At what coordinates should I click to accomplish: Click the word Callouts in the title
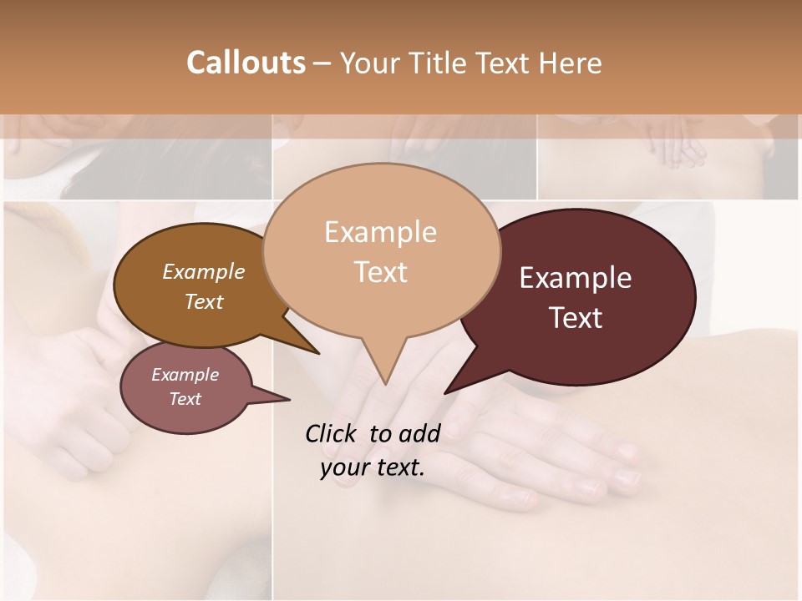coord(246,63)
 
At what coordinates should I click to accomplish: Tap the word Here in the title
coord(571,63)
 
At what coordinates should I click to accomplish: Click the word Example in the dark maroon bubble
coord(576,278)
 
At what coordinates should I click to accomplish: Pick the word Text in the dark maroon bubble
coord(576,318)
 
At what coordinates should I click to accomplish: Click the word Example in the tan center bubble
coord(380,232)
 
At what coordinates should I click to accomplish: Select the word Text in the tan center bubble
coord(380,272)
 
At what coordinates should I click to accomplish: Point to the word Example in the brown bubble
coord(204,271)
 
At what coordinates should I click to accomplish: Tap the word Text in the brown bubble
coord(204,301)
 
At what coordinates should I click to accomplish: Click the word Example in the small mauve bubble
coord(185,375)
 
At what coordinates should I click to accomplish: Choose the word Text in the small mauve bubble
coord(185,399)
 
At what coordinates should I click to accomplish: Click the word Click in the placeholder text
coord(332,433)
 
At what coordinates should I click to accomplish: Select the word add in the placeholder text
coord(419,433)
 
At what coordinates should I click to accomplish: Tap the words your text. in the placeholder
coord(373,467)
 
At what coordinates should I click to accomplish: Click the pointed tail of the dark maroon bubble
coord(447,391)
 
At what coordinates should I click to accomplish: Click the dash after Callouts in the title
coord(322,63)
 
